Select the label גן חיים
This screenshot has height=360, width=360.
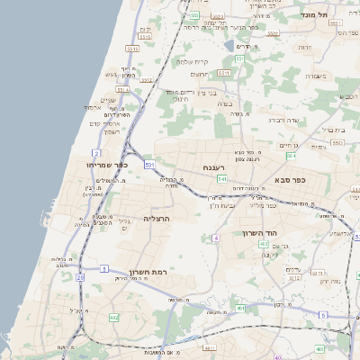click(287, 146)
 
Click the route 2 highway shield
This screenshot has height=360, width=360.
click(95, 154)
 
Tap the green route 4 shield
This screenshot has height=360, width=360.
click(216, 238)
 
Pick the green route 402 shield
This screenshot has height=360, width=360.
click(240, 309)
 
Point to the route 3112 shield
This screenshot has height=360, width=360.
click(295, 277)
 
